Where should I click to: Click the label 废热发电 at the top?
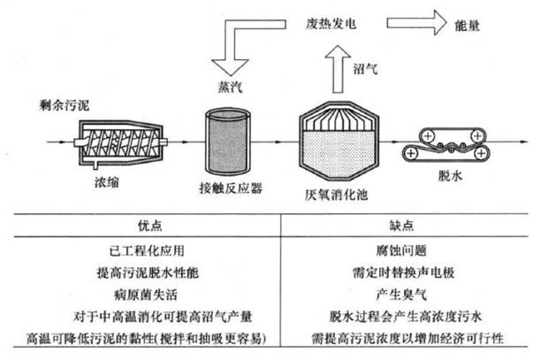click(x=332, y=26)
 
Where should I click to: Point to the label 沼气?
click(x=367, y=67)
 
